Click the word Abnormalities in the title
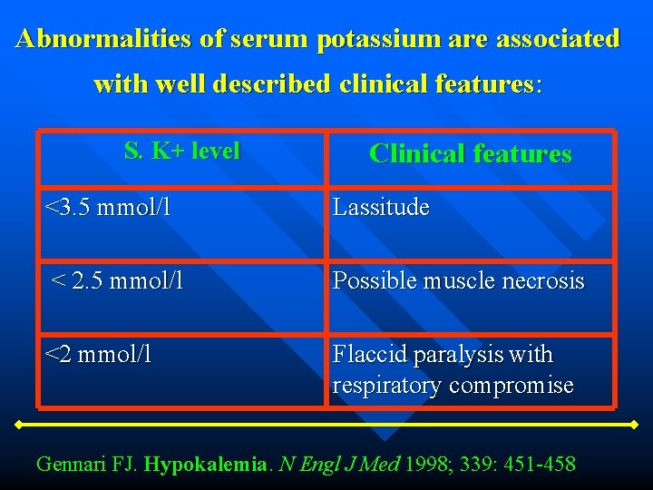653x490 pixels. [x=121, y=39]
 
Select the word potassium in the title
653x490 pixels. [x=380, y=39]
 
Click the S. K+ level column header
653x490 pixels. [x=181, y=151]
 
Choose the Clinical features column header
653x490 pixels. [x=470, y=154]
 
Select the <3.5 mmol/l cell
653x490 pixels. [x=108, y=208]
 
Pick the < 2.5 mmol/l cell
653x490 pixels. [x=117, y=281]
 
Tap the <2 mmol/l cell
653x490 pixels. [x=99, y=354]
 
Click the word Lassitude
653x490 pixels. [x=380, y=208]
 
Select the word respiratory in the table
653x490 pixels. [x=387, y=386]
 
